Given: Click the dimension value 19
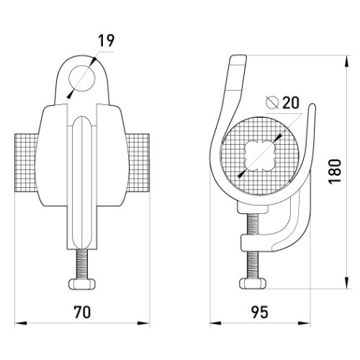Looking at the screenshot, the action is (107, 40).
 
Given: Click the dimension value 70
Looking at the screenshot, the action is (82, 312).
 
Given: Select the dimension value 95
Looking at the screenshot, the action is (259, 312).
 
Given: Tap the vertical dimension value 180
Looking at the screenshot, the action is (335, 171).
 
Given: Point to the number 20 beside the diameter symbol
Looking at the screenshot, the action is (291, 103).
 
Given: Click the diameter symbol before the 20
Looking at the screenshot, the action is (272, 102).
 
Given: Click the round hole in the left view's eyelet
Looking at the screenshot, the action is (82, 78).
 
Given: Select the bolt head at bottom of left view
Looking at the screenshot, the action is (82, 284).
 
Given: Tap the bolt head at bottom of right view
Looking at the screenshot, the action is (253, 284).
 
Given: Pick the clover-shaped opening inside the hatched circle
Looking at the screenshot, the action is (259, 156).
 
